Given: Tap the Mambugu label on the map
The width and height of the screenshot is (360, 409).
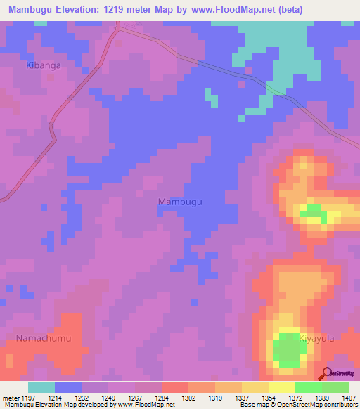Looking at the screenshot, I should pos(180,202).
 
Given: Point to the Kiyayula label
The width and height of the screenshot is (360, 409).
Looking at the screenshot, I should pos(315,339).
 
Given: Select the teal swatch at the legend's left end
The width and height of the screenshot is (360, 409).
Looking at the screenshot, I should pos(41,387).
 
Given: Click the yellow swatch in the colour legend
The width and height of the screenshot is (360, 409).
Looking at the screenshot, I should pos(281,387).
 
